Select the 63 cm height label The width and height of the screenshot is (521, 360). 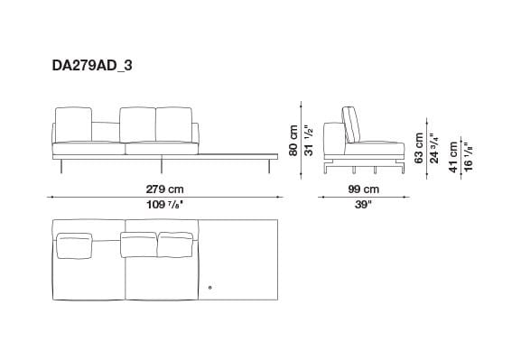click(x=419, y=143)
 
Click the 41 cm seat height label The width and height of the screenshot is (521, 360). click(x=453, y=152)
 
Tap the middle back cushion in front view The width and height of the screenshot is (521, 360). click(x=138, y=124)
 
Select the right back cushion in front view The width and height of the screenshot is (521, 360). click(x=174, y=124)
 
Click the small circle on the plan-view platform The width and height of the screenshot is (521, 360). click(x=209, y=288)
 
